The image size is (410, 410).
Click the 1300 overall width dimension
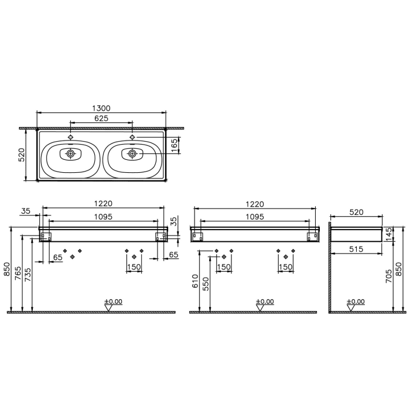pyautogui.click(x=101, y=108)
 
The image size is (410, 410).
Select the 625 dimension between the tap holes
pyautogui.click(x=101, y=119)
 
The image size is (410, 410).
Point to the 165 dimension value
pyautogui.click(x=174, y=145)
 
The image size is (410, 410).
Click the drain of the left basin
pyautogui.click(x=71, y=154)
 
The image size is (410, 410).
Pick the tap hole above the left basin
pyautogui.click(x=71, y=136)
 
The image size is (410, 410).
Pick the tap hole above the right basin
pyautogui.click(x=132, y=136)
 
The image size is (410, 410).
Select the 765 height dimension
pyautogui.click(x=19, y=273)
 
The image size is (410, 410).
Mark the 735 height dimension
pyautogui.click(x=28, y=273)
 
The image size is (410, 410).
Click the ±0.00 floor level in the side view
pyautogui.click(x=356, y=302)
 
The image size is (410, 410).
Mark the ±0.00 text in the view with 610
pyautogui.click(x=264, y=302)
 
